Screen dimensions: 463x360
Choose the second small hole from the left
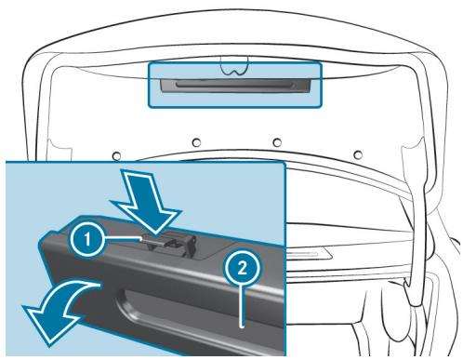(197, 142)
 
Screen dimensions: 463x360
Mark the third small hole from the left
(277, 141)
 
